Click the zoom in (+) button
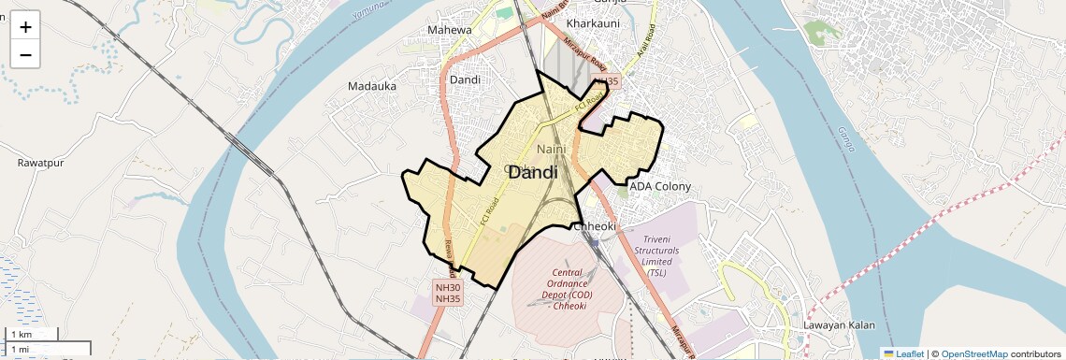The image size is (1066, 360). click(25, 27)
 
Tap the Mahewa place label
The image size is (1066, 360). click(450, 30)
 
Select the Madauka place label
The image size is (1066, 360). click(372, 86)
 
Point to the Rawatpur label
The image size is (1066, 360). click(39, 163)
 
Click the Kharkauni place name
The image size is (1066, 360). click(593, 22)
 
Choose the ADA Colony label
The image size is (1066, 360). click(660, 186)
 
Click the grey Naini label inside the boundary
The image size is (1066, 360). click(552, 149)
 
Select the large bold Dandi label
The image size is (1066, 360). click(533, 173)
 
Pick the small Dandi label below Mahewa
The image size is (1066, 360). click(465, 79)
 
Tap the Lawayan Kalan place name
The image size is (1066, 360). click(839, 325)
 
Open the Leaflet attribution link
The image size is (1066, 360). click(903, 353)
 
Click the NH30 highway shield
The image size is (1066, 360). click(448, 287)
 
